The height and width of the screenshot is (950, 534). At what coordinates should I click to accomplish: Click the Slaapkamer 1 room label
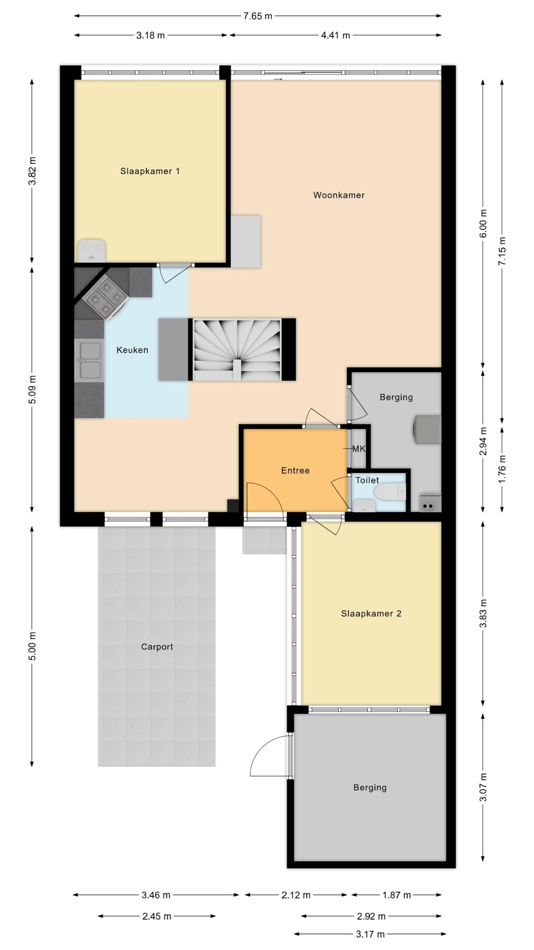150,171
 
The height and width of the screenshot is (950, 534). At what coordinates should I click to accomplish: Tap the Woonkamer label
339,195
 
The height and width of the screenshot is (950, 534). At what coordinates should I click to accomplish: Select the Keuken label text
132,350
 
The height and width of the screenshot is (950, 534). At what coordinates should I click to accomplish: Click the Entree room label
295,471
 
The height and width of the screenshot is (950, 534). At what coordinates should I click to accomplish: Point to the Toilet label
367,480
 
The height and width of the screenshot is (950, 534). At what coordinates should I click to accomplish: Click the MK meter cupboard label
359,449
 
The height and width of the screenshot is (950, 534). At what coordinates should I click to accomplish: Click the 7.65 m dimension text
258,16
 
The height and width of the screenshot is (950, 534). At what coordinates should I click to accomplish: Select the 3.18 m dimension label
150,36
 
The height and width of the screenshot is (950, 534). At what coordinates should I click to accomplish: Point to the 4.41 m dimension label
335,36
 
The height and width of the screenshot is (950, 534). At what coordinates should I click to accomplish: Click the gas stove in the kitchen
105,298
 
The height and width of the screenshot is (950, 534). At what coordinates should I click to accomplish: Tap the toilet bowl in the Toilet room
390,492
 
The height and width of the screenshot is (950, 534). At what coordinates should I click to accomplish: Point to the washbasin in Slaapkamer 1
92,250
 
